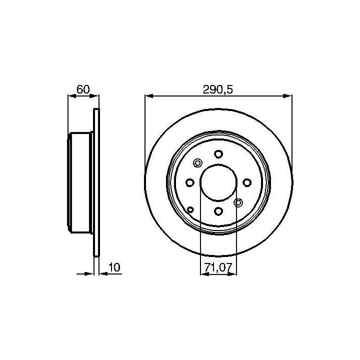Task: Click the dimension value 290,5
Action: click(x=217, y=89)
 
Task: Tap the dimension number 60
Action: click(x=83, y=89)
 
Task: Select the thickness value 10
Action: click(x=114, y=267)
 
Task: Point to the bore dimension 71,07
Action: click(x=218, y=267)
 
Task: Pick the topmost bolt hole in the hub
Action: click(x=218, y=154)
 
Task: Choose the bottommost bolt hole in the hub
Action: click(x=218, y=211)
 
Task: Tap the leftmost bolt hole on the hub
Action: click(x=190, y=183)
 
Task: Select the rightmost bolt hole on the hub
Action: click(x=247, y=183)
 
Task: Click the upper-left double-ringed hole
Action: click(x=197, y=163)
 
